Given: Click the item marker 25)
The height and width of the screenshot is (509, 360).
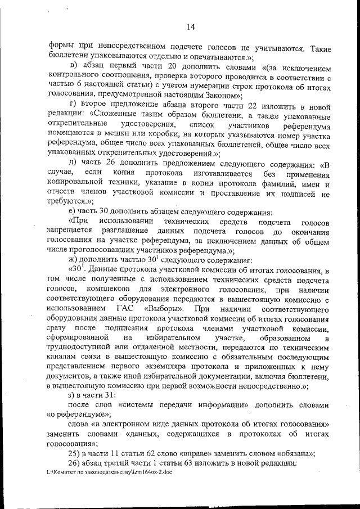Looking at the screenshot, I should click(x=76, y=453).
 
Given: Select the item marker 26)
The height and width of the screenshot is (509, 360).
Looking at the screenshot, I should click(x=76, y=463).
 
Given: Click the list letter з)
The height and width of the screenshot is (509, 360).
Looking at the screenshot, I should click(x=71, y=395).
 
